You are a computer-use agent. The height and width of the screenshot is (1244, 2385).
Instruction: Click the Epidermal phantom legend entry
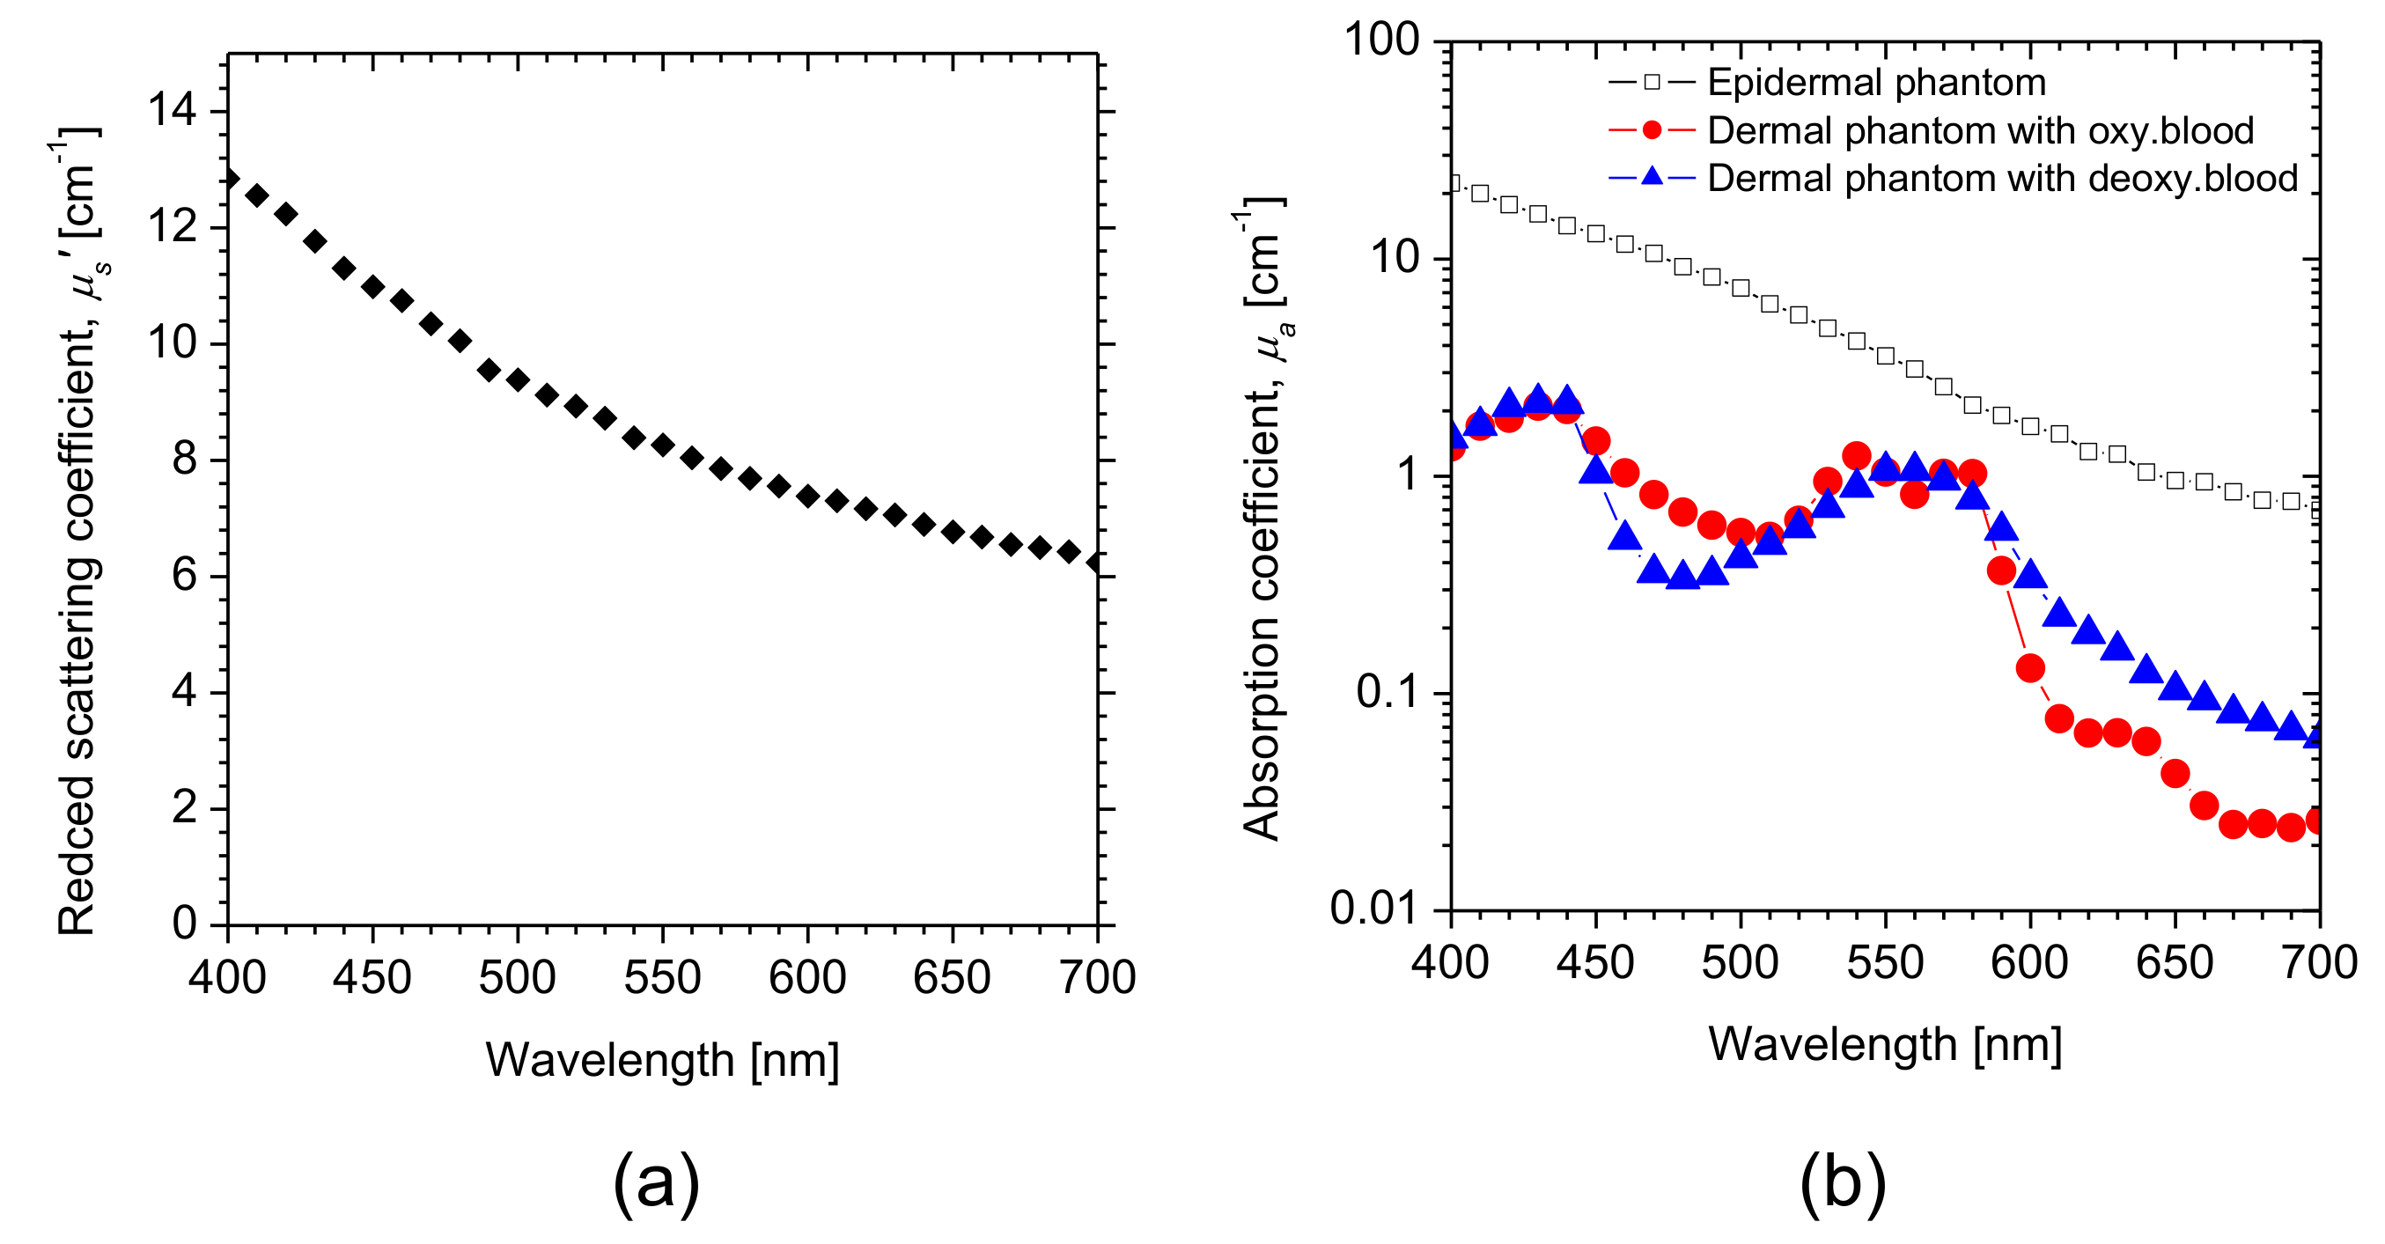coord(1876,83)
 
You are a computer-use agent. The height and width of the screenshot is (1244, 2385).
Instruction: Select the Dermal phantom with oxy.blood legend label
coord(1979,130)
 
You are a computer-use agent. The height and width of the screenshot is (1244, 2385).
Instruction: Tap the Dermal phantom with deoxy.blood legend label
coord(2002,179)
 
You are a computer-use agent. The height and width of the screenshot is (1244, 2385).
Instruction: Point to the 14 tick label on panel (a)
coord(173,111)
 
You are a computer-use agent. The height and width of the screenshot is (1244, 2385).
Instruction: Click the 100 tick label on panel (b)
coord(1380,40)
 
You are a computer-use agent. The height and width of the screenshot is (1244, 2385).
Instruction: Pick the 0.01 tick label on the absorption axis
coord(1374,909)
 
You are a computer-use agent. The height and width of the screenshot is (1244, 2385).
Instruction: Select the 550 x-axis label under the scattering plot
coord(662,977)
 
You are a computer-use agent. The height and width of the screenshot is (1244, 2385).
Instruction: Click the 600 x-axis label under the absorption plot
coord(2029,962)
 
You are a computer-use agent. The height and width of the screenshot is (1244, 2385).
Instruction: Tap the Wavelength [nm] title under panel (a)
coord(662,1060)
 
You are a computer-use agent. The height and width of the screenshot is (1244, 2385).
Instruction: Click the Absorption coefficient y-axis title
coord(1262,519)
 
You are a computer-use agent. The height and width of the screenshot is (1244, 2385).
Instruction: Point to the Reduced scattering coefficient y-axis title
coord(77,533)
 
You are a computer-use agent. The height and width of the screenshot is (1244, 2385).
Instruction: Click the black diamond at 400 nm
coord(229,179)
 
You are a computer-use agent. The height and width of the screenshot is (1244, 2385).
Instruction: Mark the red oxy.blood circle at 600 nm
coord(2030,668)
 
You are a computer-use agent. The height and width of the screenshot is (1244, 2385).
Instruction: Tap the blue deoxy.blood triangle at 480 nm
coord(1682,576)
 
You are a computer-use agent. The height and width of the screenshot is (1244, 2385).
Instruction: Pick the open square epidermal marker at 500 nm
coord(1741,288)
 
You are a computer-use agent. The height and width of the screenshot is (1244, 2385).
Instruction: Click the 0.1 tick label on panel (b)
coord(1387,692)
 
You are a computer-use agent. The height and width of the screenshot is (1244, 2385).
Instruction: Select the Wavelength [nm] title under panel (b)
coord(1885,1045)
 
